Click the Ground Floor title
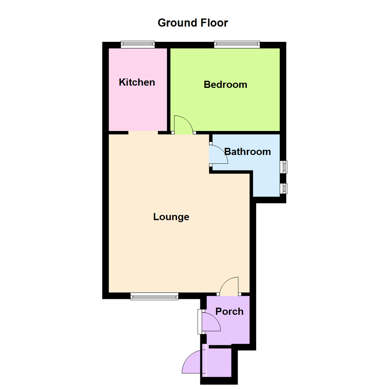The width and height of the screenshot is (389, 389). pyautogui.click(x=193, y=23)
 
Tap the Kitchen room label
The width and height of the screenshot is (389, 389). pyautogui.click(x=137, y=82)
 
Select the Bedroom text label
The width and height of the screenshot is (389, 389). pyautogui.click(x=225, y=85)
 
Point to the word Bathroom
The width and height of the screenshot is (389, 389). pyautogui.click(x=247, y=152)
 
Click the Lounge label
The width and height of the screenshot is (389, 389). pyautogui.click(x=171, y=217)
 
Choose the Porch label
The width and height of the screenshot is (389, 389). pyautogui.click(x=229, y=311)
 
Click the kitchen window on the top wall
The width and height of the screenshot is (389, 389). pyautogui.click(x=138, y=45)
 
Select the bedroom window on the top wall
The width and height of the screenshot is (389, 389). pyautogui.click(x=237, y=45)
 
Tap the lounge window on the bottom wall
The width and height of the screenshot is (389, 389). pyautogui.click(x=155, y=296)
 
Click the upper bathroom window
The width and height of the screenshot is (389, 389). pyautogui.click(x=284, y=166)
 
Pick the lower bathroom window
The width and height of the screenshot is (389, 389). pyautogui.click(x=284, y=188)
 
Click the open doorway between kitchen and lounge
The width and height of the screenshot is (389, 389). pyautogui.click(x=143, y=133)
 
